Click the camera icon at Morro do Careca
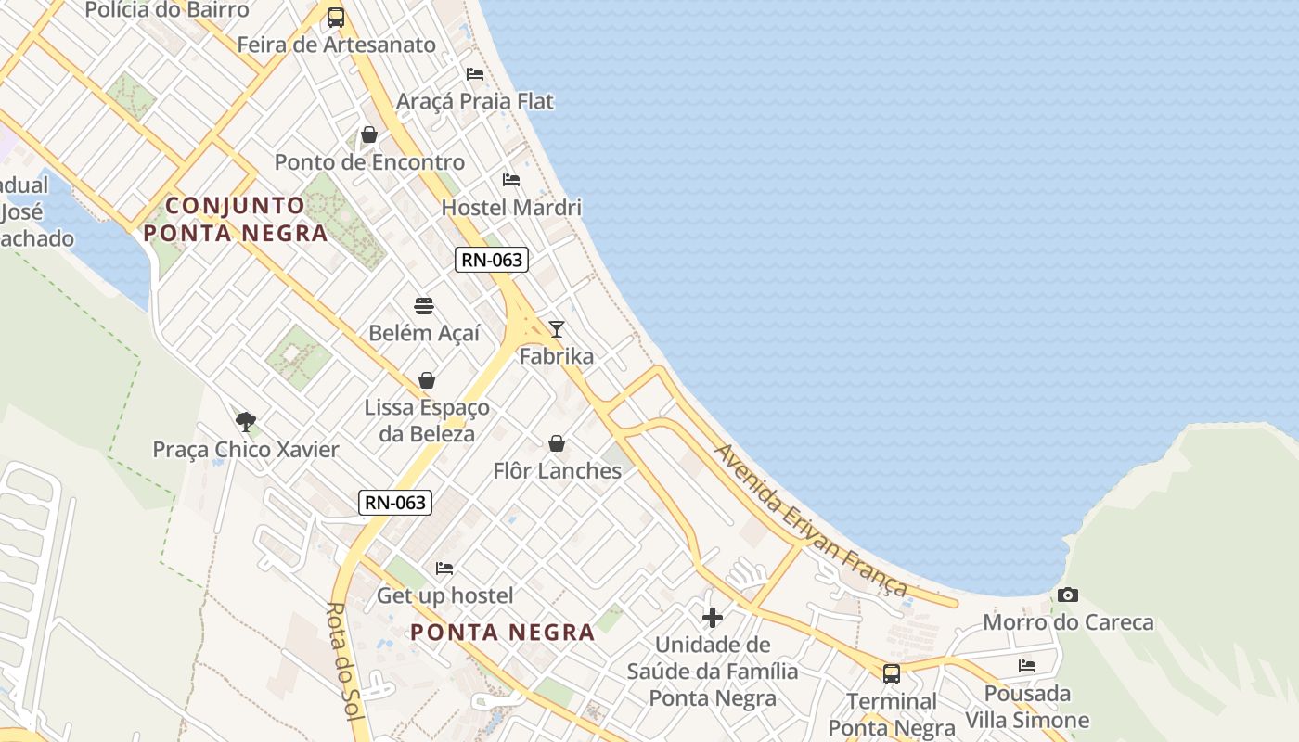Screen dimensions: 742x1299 click(x=1067, y=595)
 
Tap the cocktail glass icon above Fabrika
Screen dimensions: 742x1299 click(x=556, y=328)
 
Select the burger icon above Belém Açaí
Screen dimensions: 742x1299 click(x=424, y=305)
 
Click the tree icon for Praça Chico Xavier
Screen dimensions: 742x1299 click(x=246, y=422)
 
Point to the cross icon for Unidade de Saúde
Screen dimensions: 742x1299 click(x=713, y=617)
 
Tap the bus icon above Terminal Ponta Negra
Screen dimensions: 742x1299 click(x=891, y=673)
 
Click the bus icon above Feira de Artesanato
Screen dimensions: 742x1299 click(x=336, y=17)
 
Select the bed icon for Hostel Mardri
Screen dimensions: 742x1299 click(x=511, y=179)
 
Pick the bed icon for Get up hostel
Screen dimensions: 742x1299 click(x=444, y=568)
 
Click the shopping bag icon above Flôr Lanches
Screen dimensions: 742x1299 click(x=557, y=443)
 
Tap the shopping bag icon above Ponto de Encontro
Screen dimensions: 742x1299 click(x=369, y=134)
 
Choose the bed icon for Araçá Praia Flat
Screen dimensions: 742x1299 click(x=475, y=73)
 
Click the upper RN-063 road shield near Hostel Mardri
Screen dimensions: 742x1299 click(x=492, y=261)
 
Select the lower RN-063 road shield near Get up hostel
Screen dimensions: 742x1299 click(x=395, y=503)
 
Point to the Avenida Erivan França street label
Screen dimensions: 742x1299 click(x=810, y=520)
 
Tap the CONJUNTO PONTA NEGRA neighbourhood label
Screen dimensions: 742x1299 click(x=237, y=219)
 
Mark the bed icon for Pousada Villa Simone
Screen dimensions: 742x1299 click(x=1026, y=665)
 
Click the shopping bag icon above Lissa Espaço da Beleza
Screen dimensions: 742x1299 click(x=427, y=380)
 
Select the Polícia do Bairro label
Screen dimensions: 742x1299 click(x=167, y=10)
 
